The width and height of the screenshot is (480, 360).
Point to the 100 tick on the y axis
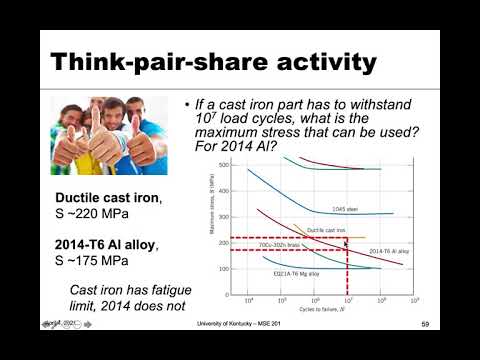tap(236, 268)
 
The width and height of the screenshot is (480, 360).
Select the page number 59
tap(424, 325)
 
